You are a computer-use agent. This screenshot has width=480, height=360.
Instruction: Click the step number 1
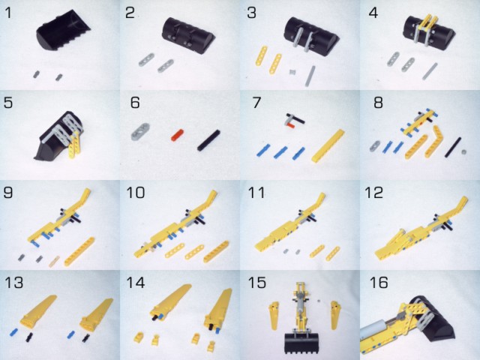coord(8,13)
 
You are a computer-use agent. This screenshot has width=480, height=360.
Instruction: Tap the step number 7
coord(256,103)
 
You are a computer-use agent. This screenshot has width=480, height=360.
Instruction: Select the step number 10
coord(135,193)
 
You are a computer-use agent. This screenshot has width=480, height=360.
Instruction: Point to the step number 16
coord(379,283)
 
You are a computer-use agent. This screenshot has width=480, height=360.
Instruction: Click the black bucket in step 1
coord(63,32)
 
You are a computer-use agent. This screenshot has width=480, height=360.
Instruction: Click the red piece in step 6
coord(177,135)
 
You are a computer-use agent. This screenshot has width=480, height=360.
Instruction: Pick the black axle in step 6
coord(208,140)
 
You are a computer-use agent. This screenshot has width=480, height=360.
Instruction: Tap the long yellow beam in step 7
coord(328,145)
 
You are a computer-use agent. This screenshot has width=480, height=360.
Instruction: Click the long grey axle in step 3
coord(310,76)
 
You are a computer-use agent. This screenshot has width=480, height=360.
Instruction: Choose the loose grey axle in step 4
coord(430,71)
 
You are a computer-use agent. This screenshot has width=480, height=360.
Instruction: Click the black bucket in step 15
coord(301,343)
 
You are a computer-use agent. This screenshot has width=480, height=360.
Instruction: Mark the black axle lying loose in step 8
coord(454,147)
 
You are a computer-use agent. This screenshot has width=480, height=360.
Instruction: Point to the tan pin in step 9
coord(55,262)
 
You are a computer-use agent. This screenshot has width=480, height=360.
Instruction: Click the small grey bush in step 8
coord(464,151)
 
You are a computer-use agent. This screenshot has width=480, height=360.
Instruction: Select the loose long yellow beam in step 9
coord(79,251)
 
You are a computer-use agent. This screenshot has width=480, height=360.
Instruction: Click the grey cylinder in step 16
coord(375,328)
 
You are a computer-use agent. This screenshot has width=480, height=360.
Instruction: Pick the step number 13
coord(13,283)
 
